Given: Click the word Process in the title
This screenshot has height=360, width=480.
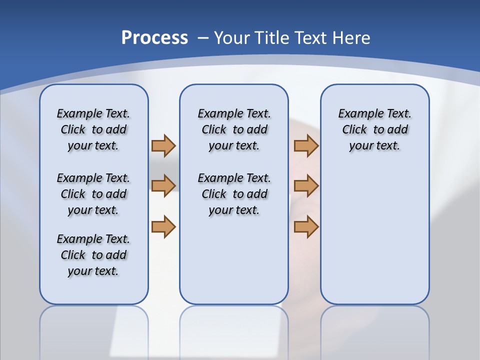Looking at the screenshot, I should click(x=154, y=38).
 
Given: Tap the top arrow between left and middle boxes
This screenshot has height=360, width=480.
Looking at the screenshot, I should click(x=163, y=145).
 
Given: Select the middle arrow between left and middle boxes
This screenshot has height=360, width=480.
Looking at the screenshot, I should click(x=163, y=185).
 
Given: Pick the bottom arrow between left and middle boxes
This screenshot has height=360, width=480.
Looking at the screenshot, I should click(x=163, y=226).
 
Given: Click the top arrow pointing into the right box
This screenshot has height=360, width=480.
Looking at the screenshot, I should click(x=306, y=145).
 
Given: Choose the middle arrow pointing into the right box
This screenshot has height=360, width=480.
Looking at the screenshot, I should click(x=306, y=185).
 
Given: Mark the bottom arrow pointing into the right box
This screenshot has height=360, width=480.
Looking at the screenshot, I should click(x=306, y=226).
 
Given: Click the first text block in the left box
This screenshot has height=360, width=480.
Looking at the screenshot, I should click(x=93, y=129).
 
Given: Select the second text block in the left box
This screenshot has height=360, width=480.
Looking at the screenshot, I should click(x=93, y=194).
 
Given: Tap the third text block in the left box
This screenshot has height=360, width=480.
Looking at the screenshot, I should click(x=93, y=255).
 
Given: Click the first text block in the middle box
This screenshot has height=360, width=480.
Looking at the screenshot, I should click(x=234, y=129).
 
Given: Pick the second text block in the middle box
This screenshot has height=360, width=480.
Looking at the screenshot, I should click(x=234, y=194).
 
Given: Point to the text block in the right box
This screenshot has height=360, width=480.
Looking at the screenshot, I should click(x=374, y=129).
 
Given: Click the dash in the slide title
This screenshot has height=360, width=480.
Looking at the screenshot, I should click(x=203, y=38).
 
